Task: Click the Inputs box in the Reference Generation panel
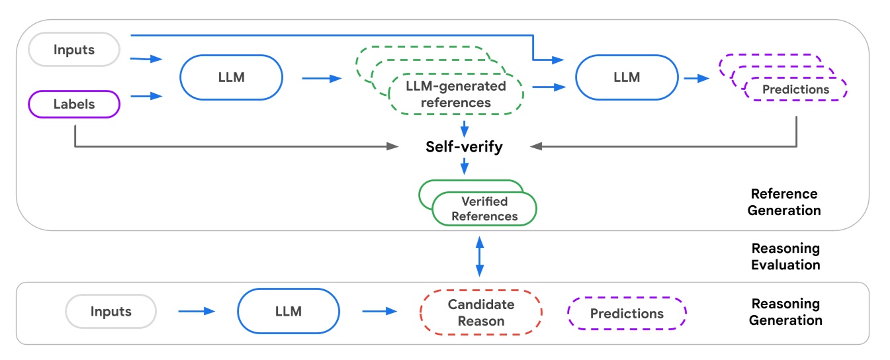pos(74,50)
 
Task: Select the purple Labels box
pos(74,104)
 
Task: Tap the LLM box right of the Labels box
pos(231,77)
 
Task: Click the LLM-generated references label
pos(456,95)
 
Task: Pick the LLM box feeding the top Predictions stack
pos(627,77)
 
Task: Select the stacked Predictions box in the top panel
pos(795,89)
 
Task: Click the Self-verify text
pos(464,147)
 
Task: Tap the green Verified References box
pos(484,209)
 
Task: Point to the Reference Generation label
pos(785,202)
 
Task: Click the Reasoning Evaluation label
pos(785,256)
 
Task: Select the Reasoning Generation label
pos(785,312)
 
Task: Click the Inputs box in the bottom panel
pos(111,312)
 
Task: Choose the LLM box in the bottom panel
pos(288,312)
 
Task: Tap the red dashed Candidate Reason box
pos(481,312)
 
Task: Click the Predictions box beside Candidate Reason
pos(627,313)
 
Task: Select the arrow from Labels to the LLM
pos(147,96)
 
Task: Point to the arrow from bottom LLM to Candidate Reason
pos(378,311)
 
